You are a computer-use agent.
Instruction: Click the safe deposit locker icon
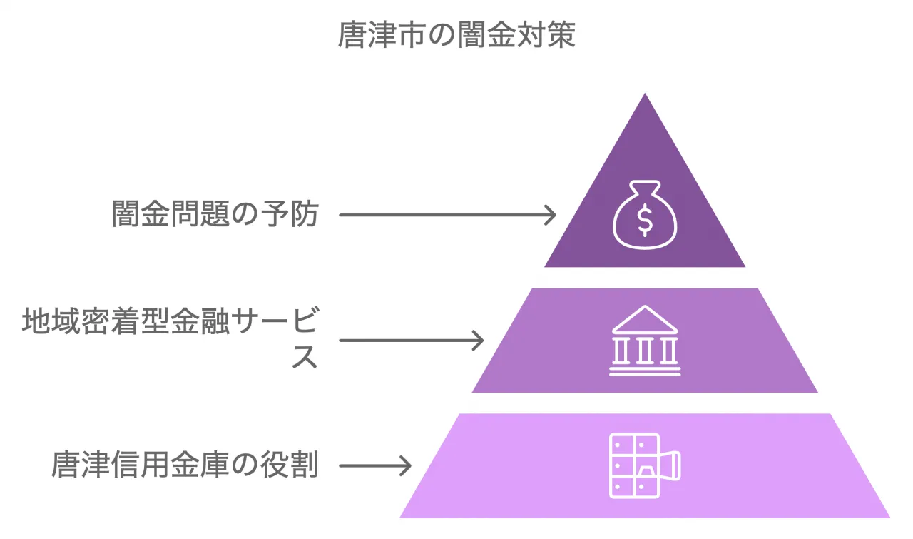coord(645,465)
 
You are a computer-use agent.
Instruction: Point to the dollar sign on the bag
coord(645,221)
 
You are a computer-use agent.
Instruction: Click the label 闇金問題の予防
coord(215,214)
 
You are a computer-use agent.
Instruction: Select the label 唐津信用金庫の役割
coord(185,465)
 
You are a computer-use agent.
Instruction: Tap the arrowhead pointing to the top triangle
coord(550,214)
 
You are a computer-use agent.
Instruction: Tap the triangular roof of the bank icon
coord(645,319)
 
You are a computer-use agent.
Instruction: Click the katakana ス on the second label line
coord(305,357)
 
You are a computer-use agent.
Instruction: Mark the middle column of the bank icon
coord(645,351)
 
